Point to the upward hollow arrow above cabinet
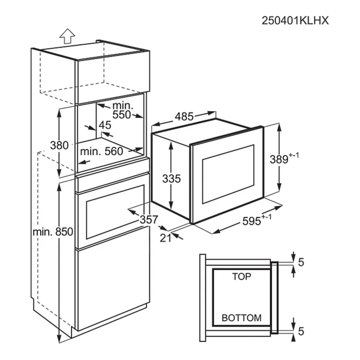pos(67,37)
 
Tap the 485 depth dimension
pos(184,117)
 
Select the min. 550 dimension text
pos(122,110)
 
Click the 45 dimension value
pos(105,125)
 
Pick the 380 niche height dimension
pos(59,145)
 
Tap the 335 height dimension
pos(172,178)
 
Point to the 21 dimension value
pos(166,237)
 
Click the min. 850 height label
pos(53,232)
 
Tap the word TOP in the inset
pos(242,277)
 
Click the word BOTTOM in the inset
pos(242,317)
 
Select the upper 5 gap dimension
pos(300,262)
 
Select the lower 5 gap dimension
pos(300,331)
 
